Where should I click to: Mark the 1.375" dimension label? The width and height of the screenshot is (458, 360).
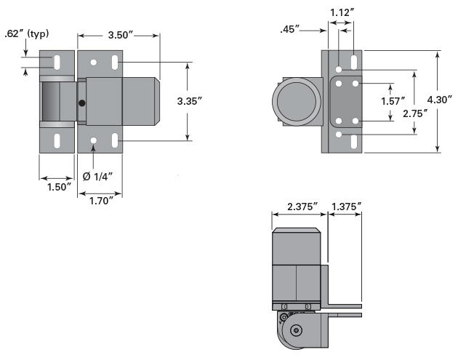pos(345,207)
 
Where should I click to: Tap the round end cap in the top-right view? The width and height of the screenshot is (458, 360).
pos(295,101)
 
